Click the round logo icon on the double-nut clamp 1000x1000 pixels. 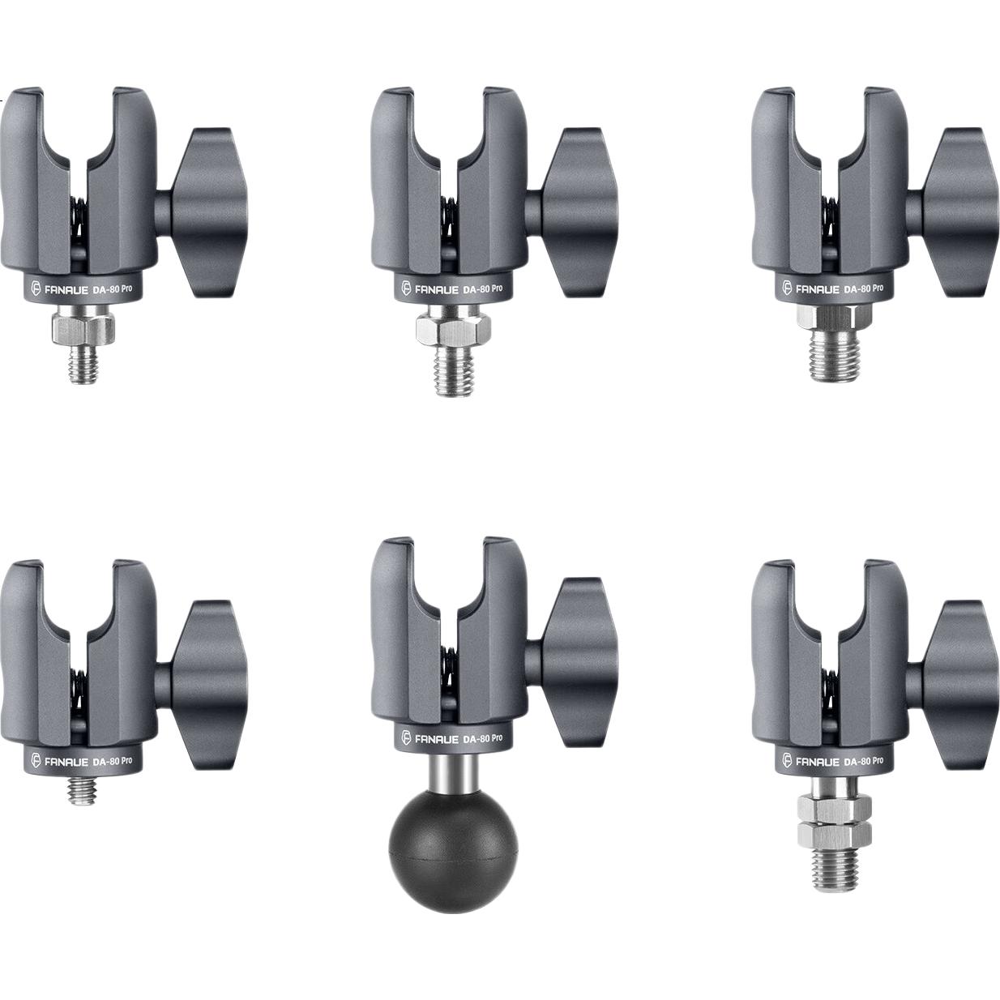pos(787,761)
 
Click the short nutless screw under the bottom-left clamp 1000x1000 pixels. pos(83,790)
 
